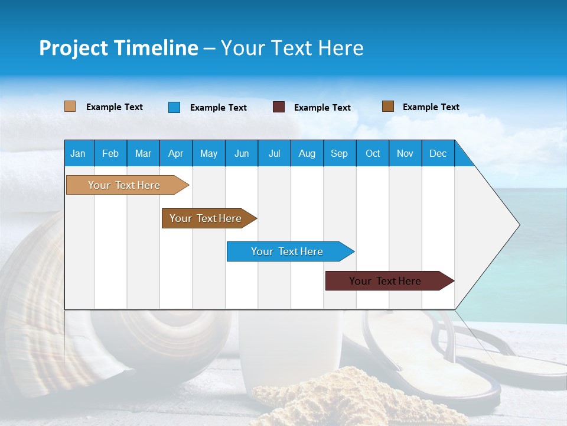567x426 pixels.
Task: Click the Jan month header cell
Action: pos(79,153)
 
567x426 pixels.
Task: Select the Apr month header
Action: pos(176,153)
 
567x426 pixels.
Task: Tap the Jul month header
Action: pos(274,153)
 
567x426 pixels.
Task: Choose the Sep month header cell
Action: pos(339,153)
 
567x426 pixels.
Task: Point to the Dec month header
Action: pos(438,153)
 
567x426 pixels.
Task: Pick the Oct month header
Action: pos(373,153)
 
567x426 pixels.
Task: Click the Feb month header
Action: pos(110,153)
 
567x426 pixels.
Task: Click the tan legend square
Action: pos(70,106)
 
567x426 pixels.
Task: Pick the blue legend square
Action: pos(174,107)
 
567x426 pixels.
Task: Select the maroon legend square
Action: pos(279,107)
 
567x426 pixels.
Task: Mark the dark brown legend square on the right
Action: pos(388,106)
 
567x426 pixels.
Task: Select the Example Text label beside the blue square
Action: pos(219,108)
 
